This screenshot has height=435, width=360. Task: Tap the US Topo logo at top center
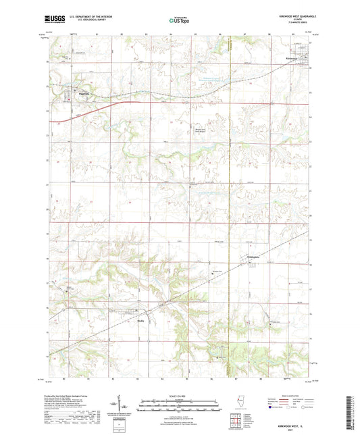coord(179,21)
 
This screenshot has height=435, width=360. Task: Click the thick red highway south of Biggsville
coord(101,105)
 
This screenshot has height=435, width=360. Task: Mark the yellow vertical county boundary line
coord(230,203)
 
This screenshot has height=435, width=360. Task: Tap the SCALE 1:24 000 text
coord(180,395)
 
